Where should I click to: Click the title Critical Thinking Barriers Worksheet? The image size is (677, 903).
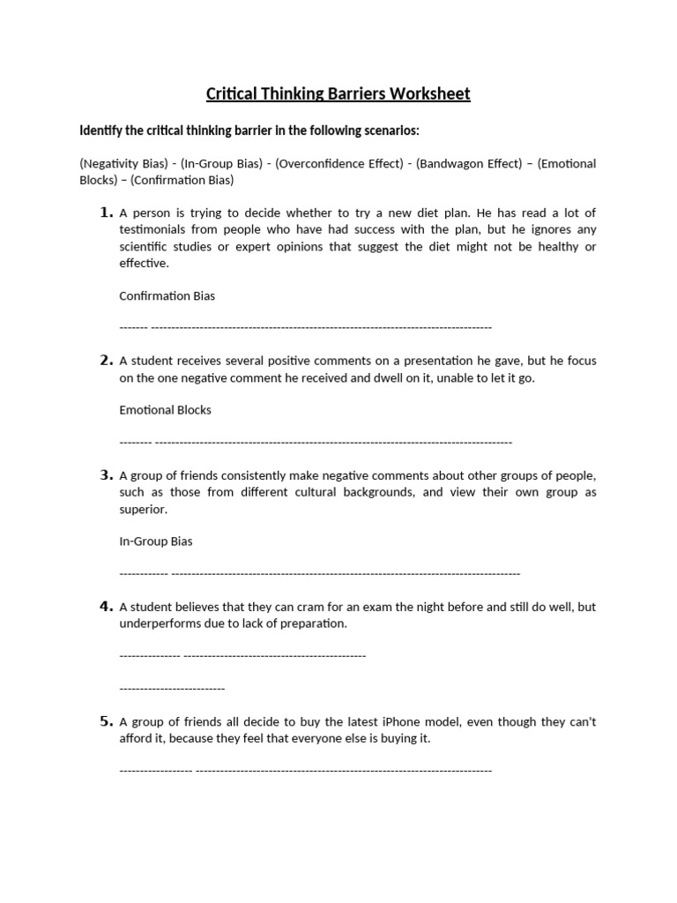(338, 93)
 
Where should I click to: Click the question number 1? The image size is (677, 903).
(106, 213)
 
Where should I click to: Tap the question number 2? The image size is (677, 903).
(106, 360)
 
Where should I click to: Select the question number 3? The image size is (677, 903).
(106, 474)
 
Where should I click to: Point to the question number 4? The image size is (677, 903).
(106, 606)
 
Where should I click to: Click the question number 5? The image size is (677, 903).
(106, 720)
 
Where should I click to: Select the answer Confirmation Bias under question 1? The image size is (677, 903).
(167, 295)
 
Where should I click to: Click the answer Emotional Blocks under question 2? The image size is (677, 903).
(165, 410)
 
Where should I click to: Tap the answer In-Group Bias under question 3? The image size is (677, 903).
(155, 541)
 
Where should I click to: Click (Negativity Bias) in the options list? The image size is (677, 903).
(123, 164)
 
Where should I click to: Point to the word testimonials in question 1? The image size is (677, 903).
(151, 229)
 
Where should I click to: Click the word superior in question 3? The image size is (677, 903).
(143, 509)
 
